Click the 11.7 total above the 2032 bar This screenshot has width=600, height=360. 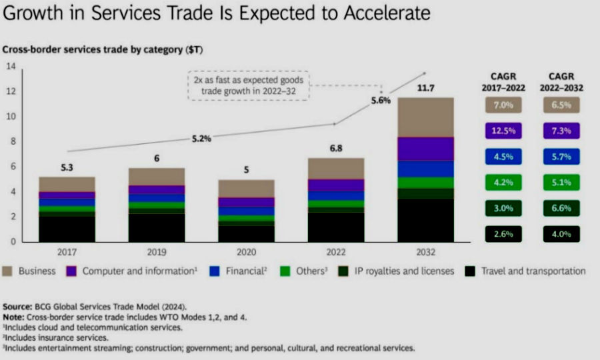click(x=425, y=88)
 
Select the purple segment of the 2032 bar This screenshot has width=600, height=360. click(x=425, y=149)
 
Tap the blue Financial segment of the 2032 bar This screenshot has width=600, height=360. click(x=425, y=169)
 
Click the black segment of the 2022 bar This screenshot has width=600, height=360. click(x=336, y=227)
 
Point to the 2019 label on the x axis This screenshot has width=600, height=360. click(x=156, y=252)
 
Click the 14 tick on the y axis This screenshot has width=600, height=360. click(x=11, y=66)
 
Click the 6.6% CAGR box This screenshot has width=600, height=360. click(x=561, y=208)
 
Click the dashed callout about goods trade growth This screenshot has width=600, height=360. click(x=248, y=86)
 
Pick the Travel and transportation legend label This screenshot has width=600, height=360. click(x=534, y=271)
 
